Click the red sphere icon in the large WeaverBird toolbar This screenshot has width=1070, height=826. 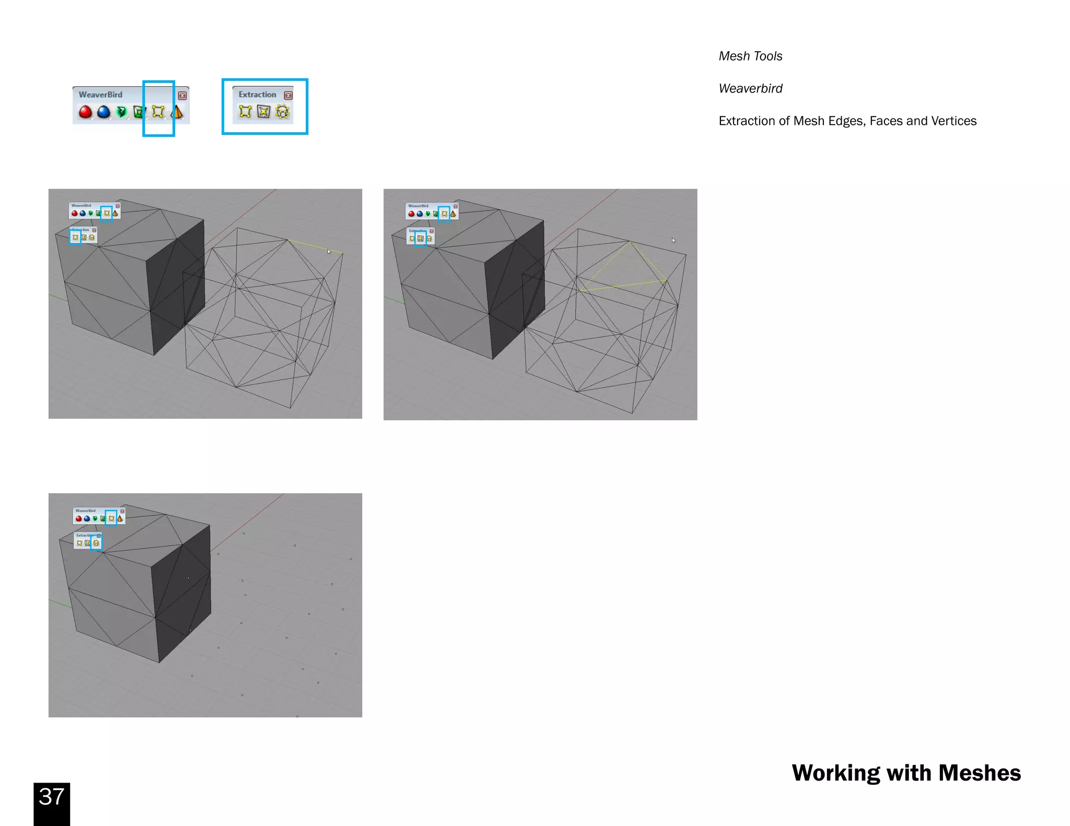(x=85, y=112)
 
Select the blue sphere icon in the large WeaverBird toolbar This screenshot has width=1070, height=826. (x=103, y=112)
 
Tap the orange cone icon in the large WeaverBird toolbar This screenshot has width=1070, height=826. (x=178, y=112)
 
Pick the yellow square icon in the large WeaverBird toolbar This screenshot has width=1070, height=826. (x=158, y=112)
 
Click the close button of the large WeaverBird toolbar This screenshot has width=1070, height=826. (x=182, y=96)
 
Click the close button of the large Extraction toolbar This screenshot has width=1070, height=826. (x=288, y=95)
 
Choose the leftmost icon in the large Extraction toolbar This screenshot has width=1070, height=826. (x=245, y=111)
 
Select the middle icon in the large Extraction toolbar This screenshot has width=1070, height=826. (x=264, y=111)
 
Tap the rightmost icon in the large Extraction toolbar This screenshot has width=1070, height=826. (x=282, y=111)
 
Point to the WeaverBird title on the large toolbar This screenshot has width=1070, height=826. (x=100, y=95)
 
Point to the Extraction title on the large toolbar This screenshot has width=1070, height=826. (x=257, y=95)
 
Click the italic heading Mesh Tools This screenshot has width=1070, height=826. (x=750, y=56)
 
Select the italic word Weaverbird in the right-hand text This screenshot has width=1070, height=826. (x=750, y=89)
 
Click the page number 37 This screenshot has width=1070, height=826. (x=51, y=797)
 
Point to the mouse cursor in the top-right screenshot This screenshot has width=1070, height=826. (x=673, y=240)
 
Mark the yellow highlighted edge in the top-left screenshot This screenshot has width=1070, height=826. (x=315, y=246)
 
